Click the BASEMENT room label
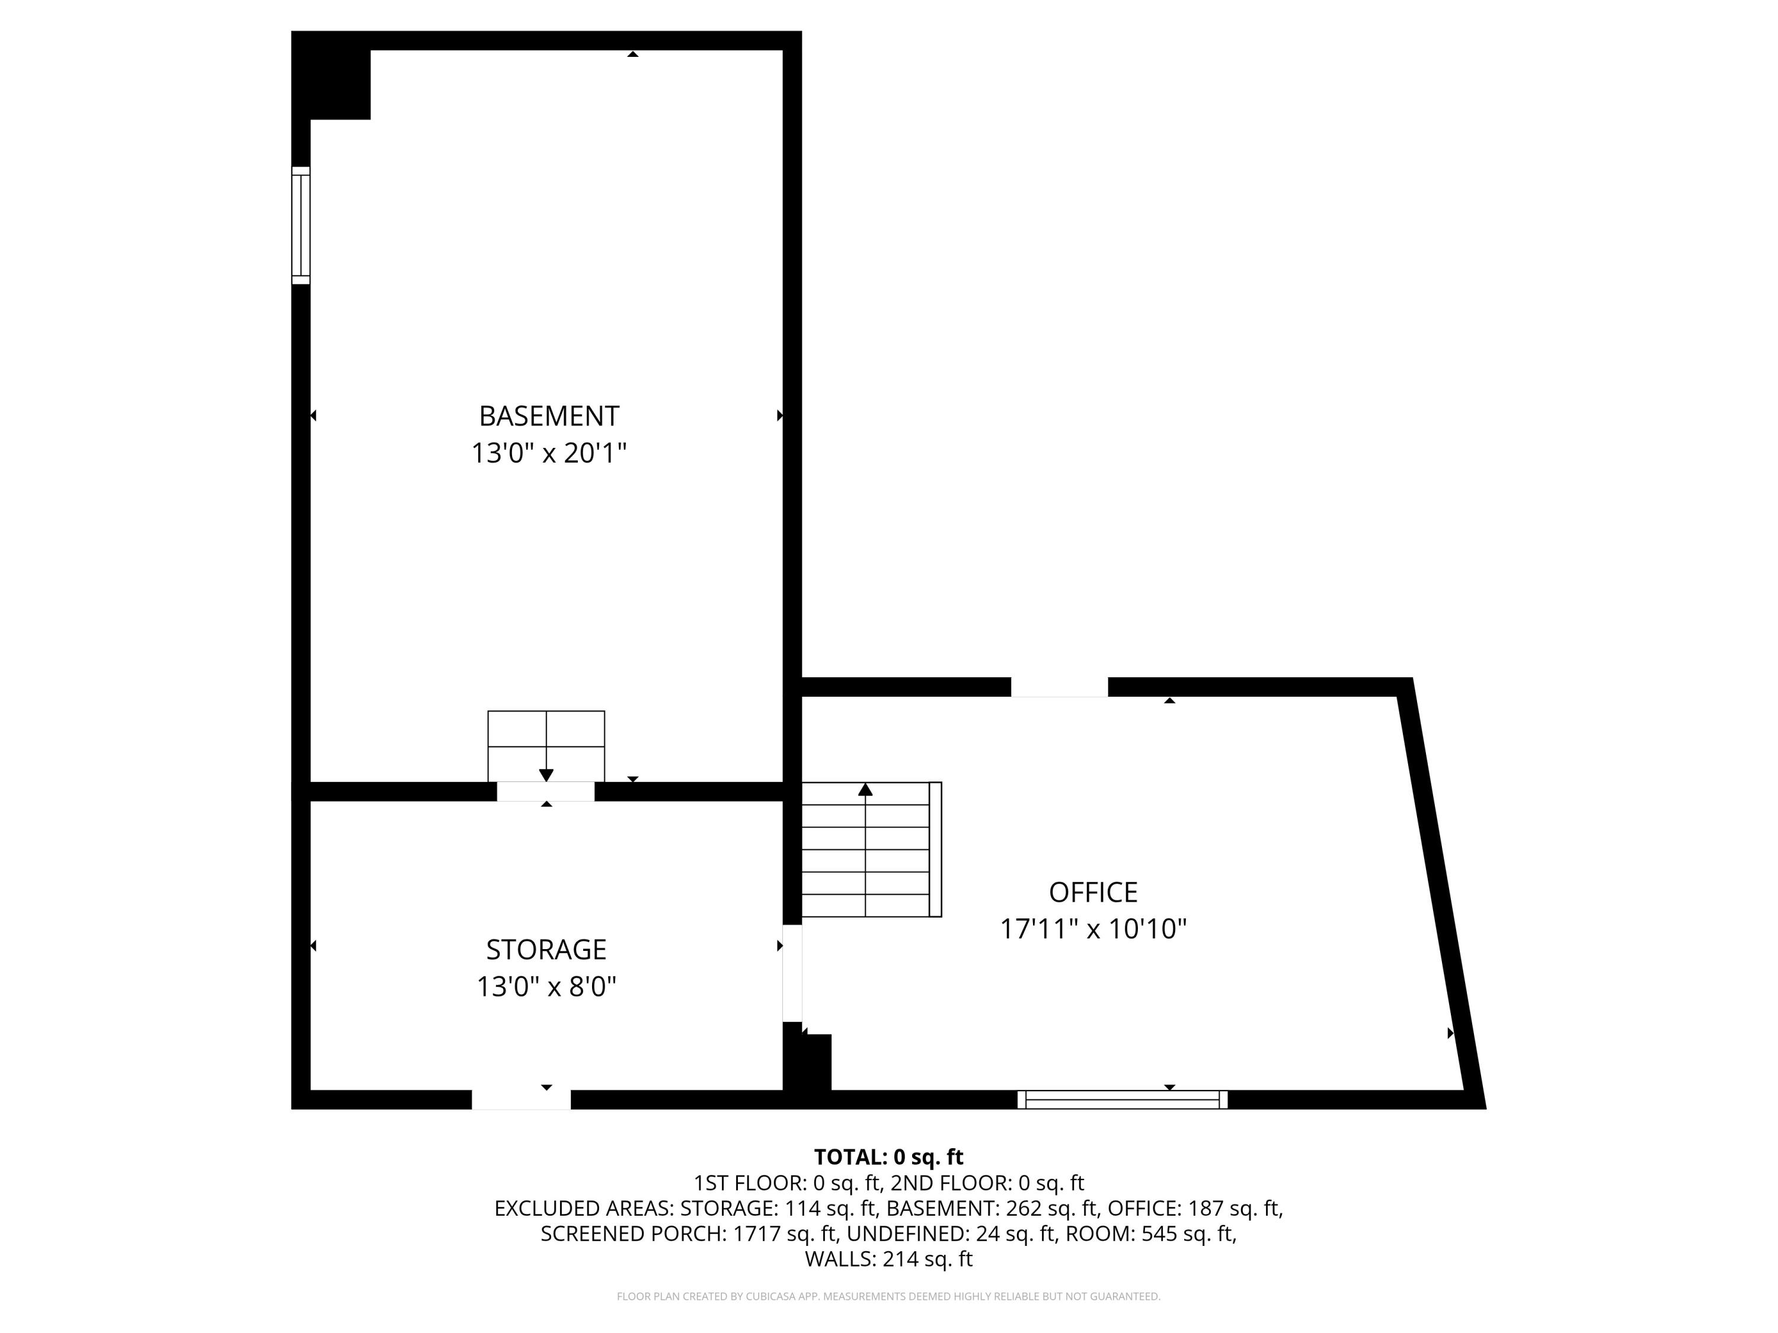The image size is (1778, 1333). tap(549, 416)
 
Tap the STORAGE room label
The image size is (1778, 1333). tap(546, 950)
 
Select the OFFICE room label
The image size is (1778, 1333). tap(1093, 893)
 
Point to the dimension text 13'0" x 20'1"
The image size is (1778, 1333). tap(549, 454)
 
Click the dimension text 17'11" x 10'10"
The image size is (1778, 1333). tap(1093, 930)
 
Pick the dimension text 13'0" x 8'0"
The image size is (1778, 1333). tap(546, 986)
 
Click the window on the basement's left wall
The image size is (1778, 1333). tap(300, 225)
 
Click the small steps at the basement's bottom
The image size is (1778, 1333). tap(546, 746)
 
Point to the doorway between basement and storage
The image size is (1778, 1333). tap(546, 792)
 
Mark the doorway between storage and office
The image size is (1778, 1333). tap(792, 972)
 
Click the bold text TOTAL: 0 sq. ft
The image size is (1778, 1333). tap(888, 1157)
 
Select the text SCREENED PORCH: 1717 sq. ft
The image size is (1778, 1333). tap(690, 1233)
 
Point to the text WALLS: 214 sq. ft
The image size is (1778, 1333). tap(888, 1259)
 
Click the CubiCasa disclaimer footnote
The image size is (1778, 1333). tap(888, 1296)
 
